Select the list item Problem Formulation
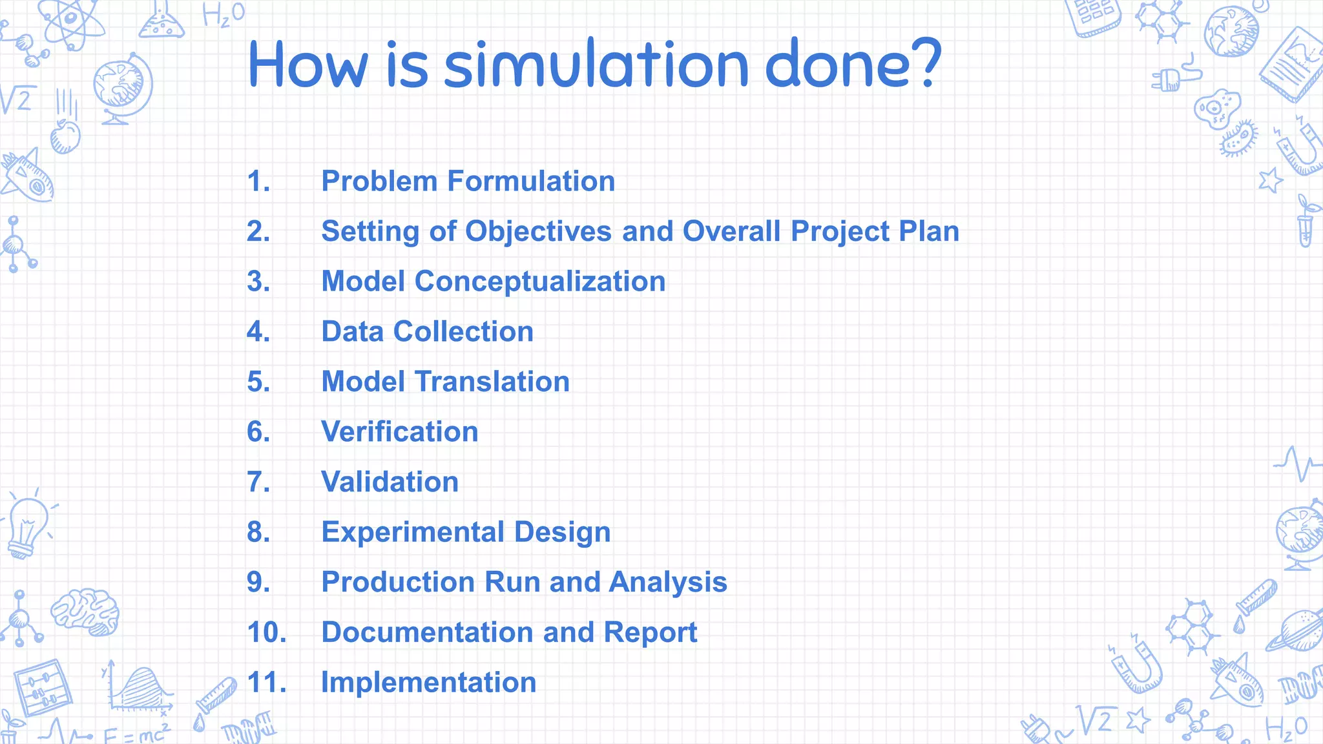click(468, 181)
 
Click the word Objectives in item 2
click(538, 231)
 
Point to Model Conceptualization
click(493, 282)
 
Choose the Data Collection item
click(427, 332)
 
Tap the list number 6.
click(258, 431)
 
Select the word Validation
click(390, 482)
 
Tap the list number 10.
click(266, 632)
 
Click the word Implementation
click(428, 683)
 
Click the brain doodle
click(85, 611)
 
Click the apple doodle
click(65, 136)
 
